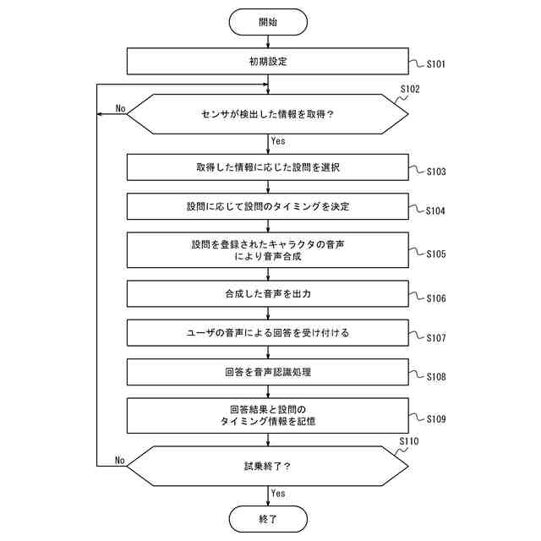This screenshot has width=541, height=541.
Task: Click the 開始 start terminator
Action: (x=268, y=21)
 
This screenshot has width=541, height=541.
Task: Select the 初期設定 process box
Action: (x=268, y=62)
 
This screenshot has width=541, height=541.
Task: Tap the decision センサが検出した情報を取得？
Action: (x=268, y=114)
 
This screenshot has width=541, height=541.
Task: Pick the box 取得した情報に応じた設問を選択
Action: (x=268, y=167)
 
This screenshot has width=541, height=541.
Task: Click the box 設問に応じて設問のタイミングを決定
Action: (x=268, y=206)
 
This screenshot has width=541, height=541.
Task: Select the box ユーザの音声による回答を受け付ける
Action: (x=268, y=333)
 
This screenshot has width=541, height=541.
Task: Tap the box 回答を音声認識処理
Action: (x=268, y=371)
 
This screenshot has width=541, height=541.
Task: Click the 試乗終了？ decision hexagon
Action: (x=268, y=467)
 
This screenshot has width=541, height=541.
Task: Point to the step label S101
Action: (x=435, y=64)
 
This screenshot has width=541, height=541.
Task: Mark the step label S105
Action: (x=435, y=254)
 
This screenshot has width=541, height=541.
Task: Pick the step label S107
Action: (x=435, y=337)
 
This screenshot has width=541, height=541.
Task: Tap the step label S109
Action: (x=435, y=418)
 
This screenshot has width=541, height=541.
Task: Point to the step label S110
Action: (x=409, y=441)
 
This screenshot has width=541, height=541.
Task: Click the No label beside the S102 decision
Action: (x=120, y=108)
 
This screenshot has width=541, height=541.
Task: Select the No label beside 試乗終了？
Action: (x=120, y=461)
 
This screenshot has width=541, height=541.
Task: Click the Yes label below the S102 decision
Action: (x=279, y=141)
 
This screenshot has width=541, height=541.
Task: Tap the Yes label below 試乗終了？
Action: (x=279, y=494)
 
